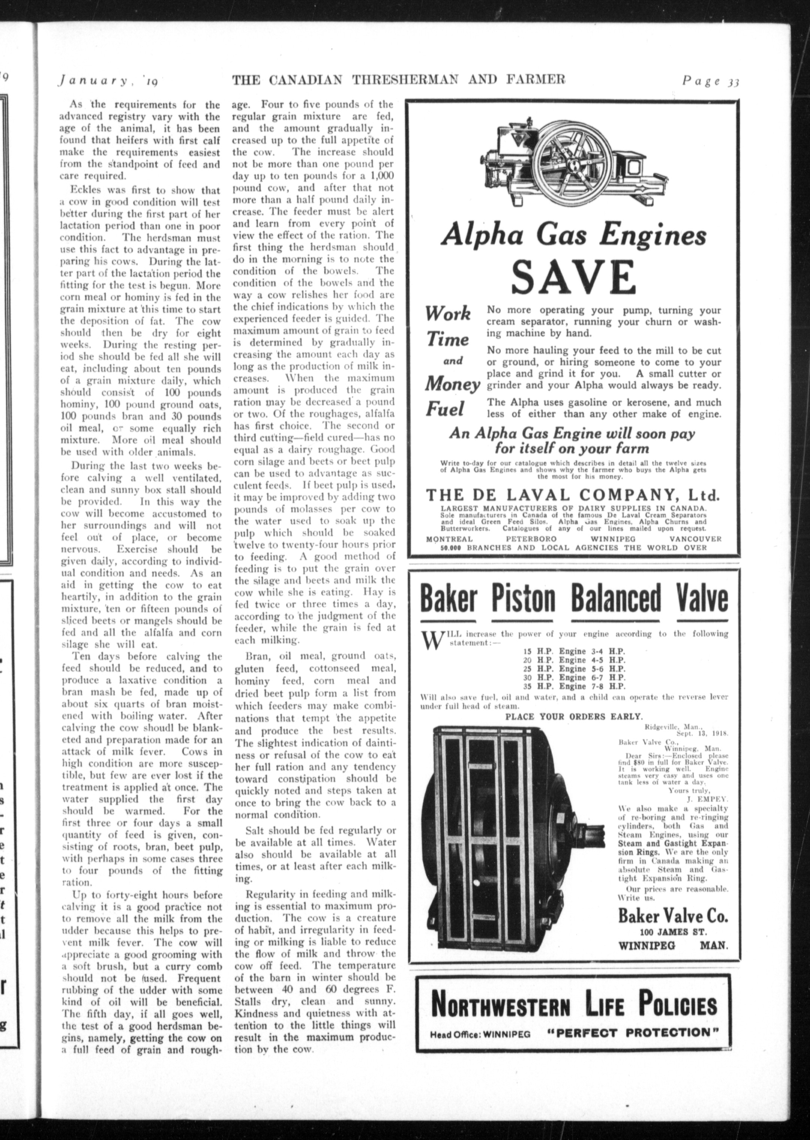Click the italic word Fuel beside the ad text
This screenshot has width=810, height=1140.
pyautogui.click(x=445, y=409)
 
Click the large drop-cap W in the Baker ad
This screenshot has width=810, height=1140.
pyautogui.click(x=429, y=638)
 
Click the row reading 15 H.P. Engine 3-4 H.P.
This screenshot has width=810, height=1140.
pyautogui.click(x=574, y=651)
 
